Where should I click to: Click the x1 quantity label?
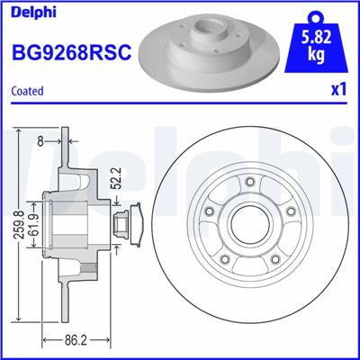click(x=337, y=91)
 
